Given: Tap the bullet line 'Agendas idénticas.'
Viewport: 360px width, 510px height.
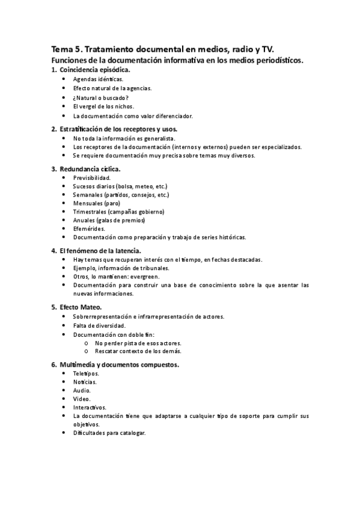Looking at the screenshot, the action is [x=98, y=79].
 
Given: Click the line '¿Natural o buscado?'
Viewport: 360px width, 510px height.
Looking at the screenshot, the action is [x=100, y=97].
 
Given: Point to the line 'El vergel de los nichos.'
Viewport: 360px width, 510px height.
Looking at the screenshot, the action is [x=103, y=106].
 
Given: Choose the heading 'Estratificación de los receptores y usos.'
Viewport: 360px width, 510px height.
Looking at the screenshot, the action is [x=118, y=129].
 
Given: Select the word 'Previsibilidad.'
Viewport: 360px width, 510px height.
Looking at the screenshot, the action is [x=91, y=179].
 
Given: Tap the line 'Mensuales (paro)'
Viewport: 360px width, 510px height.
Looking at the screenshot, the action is [x=96, y=203].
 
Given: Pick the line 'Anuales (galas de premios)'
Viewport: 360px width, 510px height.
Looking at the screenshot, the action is [x=109, y=220].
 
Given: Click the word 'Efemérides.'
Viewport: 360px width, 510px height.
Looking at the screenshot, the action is [x=89, y=229].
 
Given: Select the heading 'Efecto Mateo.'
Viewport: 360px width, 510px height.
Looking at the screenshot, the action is [x=81, y=307].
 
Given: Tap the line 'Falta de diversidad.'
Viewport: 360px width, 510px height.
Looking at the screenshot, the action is [x=99, y=325].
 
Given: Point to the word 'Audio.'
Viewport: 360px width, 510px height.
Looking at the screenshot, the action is [x=82, y=390].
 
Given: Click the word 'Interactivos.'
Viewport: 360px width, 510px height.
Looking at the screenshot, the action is [x=90, y=407].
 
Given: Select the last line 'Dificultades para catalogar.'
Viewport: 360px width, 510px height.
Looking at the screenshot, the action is [x=109, y=433].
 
